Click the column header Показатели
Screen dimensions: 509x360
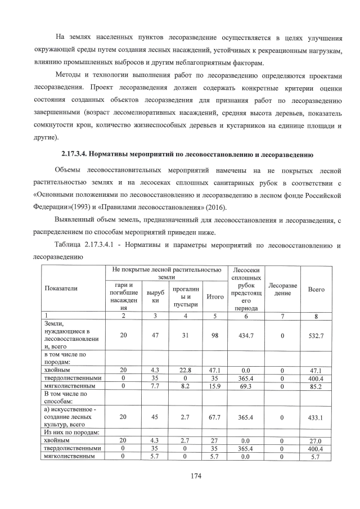[61, 288]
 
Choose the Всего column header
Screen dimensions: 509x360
[316, 289]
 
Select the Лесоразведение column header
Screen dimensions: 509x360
[282, 289]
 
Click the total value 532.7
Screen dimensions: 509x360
[316, 335]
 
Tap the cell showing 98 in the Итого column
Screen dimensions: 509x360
[214, 335]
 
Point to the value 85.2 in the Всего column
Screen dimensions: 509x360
[316, 386]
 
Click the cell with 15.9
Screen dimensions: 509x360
[214, 386]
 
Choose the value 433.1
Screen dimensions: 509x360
[316, 417]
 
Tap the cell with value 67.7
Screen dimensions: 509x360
[214, 417]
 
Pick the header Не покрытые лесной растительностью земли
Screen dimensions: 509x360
[166, 274]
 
